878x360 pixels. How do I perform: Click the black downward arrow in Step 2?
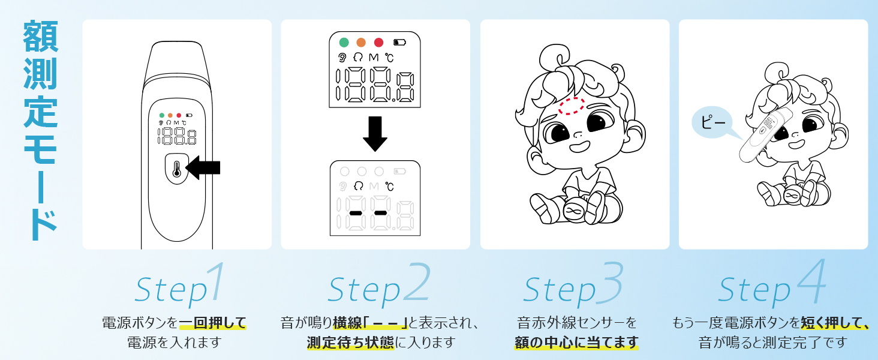375,133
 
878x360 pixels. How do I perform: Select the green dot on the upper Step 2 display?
344,43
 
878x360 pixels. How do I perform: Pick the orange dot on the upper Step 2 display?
361,43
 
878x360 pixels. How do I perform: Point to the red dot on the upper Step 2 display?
378,43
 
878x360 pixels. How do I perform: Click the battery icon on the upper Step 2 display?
399,43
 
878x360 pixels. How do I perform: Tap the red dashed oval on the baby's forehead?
570,106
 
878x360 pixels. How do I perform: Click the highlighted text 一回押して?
213,323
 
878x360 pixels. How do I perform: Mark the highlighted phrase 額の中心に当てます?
576,343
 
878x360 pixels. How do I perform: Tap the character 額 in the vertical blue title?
41,37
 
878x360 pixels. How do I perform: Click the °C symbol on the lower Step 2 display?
390,187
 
